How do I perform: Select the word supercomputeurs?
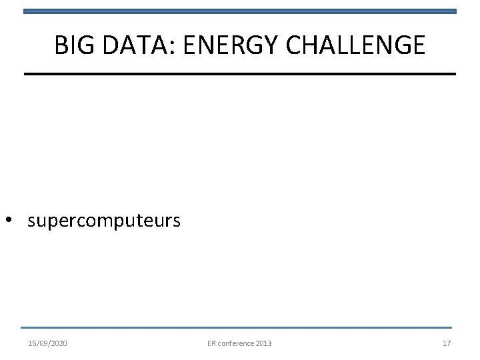pos(104,221)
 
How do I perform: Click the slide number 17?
pos(446,343)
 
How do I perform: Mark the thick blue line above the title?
pos(240,11)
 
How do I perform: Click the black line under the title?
pos(240,73)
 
